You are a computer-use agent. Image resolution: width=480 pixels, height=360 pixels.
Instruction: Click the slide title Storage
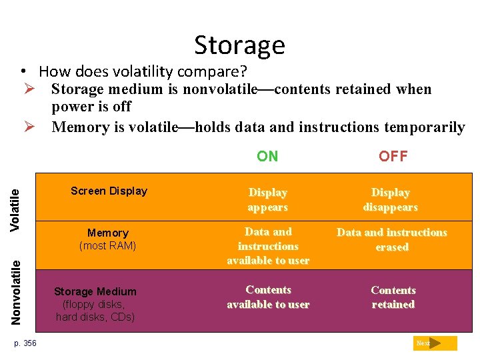[239, 45]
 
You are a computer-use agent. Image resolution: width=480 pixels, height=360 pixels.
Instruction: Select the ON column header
[267, 157]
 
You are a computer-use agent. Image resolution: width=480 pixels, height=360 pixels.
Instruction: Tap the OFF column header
[393, 157]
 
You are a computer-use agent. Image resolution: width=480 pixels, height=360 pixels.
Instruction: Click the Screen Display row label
[109, 191]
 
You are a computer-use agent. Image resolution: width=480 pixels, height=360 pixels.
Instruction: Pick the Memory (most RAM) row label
[107, 239]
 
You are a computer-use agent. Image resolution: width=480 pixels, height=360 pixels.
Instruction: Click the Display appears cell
[267, 200]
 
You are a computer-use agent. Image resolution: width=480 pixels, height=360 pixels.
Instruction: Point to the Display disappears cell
[391, 200]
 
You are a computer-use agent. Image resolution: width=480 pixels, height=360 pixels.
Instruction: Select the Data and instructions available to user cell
[268, 246]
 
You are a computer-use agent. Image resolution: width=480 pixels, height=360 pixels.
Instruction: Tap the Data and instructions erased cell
[391, 239]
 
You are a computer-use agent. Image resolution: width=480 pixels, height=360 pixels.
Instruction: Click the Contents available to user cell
[268, 297]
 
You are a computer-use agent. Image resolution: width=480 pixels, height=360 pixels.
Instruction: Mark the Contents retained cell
[393, 297]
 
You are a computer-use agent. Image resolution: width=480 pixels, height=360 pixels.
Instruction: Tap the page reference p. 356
[25, 343]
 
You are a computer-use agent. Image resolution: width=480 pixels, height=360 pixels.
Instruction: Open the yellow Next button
[435, 343]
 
